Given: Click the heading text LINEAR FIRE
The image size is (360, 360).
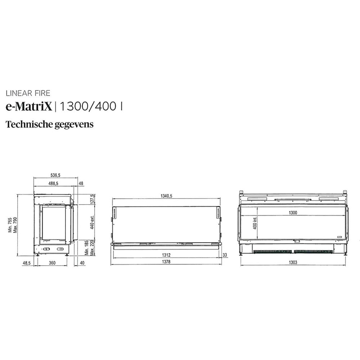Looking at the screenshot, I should [x=28, y=94].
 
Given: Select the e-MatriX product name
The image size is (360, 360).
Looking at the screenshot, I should [x=29, y=106].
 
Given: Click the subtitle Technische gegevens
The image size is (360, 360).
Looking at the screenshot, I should [x=49, y=125].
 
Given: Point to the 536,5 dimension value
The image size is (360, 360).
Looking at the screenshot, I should [x=55, y=175].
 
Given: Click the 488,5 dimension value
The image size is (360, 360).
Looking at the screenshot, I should [x=54, y=184].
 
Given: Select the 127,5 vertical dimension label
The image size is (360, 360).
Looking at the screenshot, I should [x=92, y=199].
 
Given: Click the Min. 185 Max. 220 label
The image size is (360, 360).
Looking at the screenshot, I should [x=89, y=248].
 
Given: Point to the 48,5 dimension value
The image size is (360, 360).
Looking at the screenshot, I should [x=27, y=264].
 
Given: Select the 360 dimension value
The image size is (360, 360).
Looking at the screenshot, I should [x=52, y=264].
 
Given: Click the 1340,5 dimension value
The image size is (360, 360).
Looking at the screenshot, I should [x=166, y=196].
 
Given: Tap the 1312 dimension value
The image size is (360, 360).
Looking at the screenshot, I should [x=166, y=255].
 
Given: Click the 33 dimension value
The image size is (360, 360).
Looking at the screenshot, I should [x=225, y=255].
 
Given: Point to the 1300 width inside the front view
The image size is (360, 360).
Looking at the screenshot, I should [x=293, y=213].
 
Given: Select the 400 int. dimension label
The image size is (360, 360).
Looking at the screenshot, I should [x=255, y=225].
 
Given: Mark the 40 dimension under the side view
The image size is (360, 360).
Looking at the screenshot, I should [x=82, y=264].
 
